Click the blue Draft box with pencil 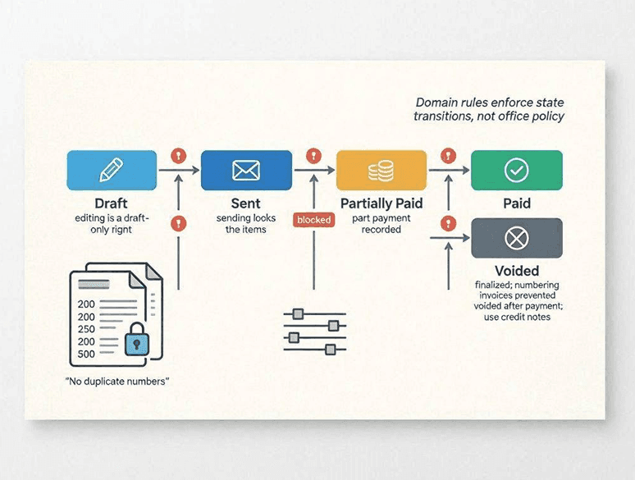tap(112, 170)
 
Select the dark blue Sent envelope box tap(246, 170)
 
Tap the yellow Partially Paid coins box tap(381, 170)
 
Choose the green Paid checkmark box tap(517, 170)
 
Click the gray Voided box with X tap(517, 238)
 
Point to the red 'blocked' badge tap(314, 220)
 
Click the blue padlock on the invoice tap(136, 340)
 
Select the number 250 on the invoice tap(86, 329)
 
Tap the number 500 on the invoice tap(86, 354)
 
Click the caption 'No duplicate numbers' tap(117, 382)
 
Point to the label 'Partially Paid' tap(381, 203)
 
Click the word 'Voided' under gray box tap(517, 271)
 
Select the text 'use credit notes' tap(517, 317)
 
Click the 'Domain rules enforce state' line tap(490, 102)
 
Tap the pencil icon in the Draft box tap(112, 170)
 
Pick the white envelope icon tap(246, 170)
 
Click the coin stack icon tap(381, 171)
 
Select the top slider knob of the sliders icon tap(298, 314)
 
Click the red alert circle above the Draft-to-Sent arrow tap(179, 155)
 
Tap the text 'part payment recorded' tap(381, 224)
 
